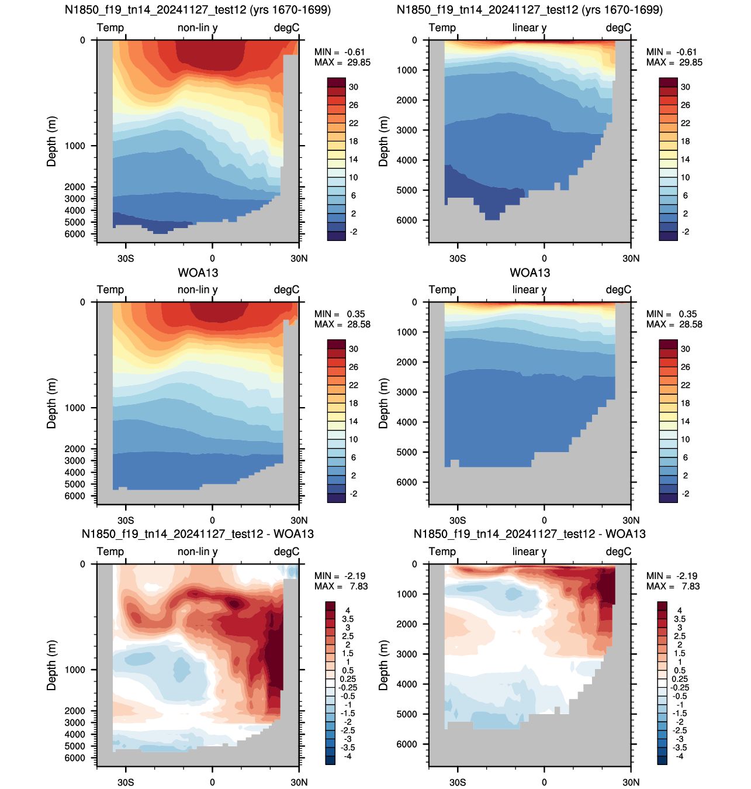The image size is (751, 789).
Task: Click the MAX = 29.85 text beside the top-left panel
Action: click(x=342, y=63)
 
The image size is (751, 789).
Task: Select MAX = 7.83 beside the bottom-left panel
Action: click(x=341, y=586)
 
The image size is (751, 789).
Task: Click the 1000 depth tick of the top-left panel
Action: click(x=75, y=146)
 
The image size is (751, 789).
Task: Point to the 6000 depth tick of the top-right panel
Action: click(x=407, y=220)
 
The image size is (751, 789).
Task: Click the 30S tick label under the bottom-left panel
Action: click(x=126, y=782)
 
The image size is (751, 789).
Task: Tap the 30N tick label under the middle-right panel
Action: click(x=631, y=521)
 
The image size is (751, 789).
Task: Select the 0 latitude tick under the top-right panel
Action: click(x=544, y=259)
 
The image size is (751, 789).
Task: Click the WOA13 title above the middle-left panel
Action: click(x=198, y=273)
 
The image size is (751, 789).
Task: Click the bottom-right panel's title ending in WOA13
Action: click(x=529, y=534)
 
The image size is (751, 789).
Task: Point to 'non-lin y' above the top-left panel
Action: click(x=198, y=28)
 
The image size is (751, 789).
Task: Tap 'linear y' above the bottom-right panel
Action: click(x=529, y=552)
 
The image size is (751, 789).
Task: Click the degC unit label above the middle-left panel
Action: click(x=286, y=290)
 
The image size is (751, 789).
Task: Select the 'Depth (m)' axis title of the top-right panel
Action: click(x=383, y=142)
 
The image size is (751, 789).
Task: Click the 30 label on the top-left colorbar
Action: click(x=354, y=87)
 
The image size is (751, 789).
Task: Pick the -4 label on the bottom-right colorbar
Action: click(x=679, y=756)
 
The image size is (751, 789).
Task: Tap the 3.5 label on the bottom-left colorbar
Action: click(x=347, y=619)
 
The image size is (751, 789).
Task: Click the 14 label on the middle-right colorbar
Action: click(x=685, y=421)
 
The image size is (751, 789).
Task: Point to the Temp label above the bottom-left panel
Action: click(x=110, y=552)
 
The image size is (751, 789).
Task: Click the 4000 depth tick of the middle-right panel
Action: click(x=407, y=422)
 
